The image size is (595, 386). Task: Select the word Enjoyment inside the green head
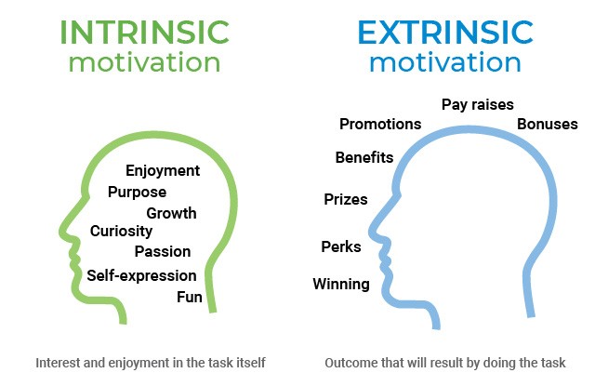[x=163, y=170]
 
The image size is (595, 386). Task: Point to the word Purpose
[x=137, y=192]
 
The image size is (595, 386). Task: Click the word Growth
[x=171, y=213]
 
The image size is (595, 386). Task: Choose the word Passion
[x=163, y=251]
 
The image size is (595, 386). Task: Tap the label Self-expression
[x=141, y=275]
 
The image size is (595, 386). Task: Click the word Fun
[x=190, y=297]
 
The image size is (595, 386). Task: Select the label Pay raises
[x=477, y=105]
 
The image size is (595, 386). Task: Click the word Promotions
[x=380, y=124]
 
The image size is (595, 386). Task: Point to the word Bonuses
[x=548, y=124]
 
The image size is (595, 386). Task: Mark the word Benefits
[x=364, y=157]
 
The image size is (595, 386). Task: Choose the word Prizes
[x=345, y=199]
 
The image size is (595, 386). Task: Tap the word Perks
[x=340, y=246]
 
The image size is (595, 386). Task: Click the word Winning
[x=340, y=284]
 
